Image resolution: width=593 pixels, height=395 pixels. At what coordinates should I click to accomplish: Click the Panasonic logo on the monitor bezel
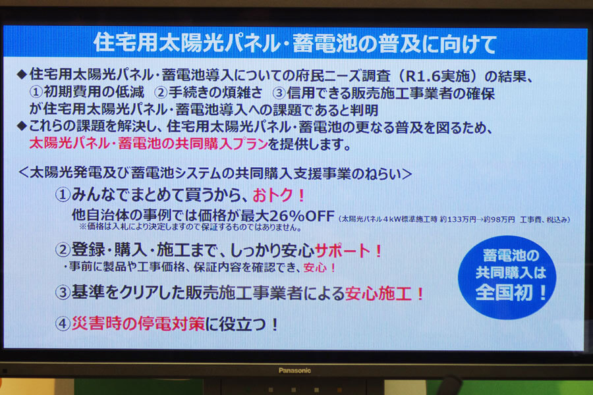[x=295, y=371]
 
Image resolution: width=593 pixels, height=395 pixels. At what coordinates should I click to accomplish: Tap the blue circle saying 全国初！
[x=507, y=277]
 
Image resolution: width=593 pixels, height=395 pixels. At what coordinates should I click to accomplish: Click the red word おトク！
[x=279, y=196]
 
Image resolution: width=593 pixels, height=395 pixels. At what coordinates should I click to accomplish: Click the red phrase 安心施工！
[x=385, y=294]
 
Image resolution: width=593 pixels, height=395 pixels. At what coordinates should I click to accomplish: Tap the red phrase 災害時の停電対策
[x=138, y=323]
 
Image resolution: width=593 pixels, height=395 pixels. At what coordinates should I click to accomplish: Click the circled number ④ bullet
[x=63, y=324]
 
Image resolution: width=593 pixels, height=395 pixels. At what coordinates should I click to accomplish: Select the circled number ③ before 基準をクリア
[x=63, y=292]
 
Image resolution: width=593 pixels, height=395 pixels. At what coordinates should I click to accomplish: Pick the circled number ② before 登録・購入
[x=63, y=250]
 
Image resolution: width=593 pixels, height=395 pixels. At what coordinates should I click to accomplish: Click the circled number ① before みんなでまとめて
[x=63, y=195]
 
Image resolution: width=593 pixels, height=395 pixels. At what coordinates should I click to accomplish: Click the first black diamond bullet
[x=22, y=74]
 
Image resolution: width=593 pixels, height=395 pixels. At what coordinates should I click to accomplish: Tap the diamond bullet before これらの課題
[x=22, y=126]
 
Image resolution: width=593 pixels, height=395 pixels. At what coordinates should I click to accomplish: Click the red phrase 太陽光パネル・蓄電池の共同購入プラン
[x=149, y=144]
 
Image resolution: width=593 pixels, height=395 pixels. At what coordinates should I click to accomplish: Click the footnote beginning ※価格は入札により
[x=190, y=228]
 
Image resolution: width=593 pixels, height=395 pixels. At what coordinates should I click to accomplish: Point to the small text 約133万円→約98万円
[x=477, y=220]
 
